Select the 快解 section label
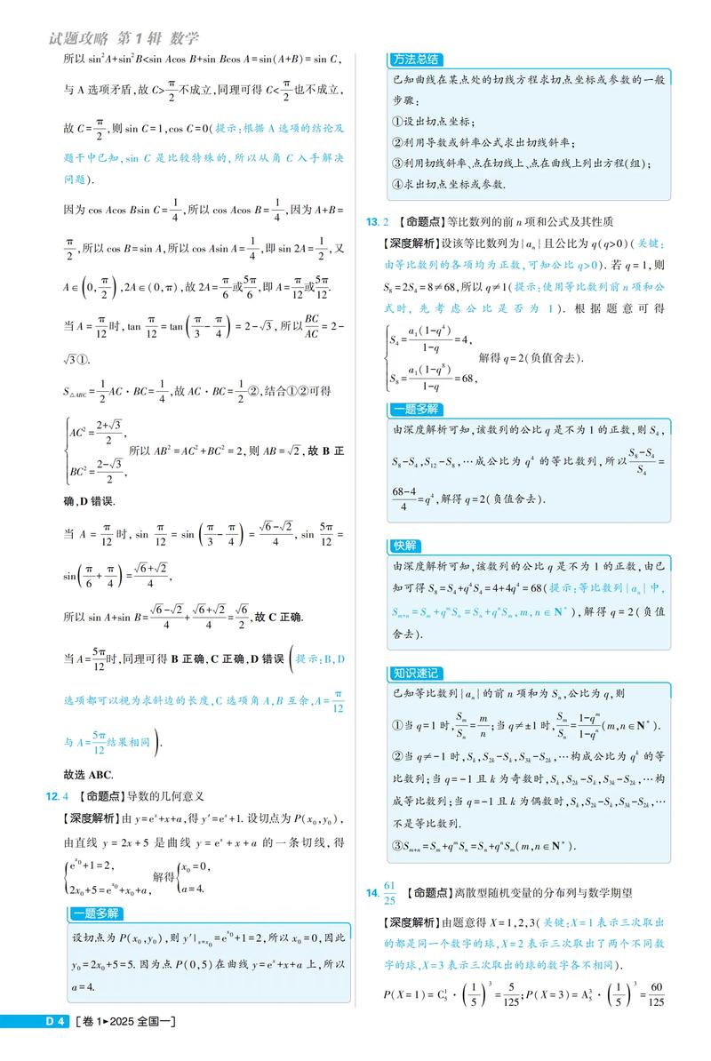(405, 545)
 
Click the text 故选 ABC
(88, 773)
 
